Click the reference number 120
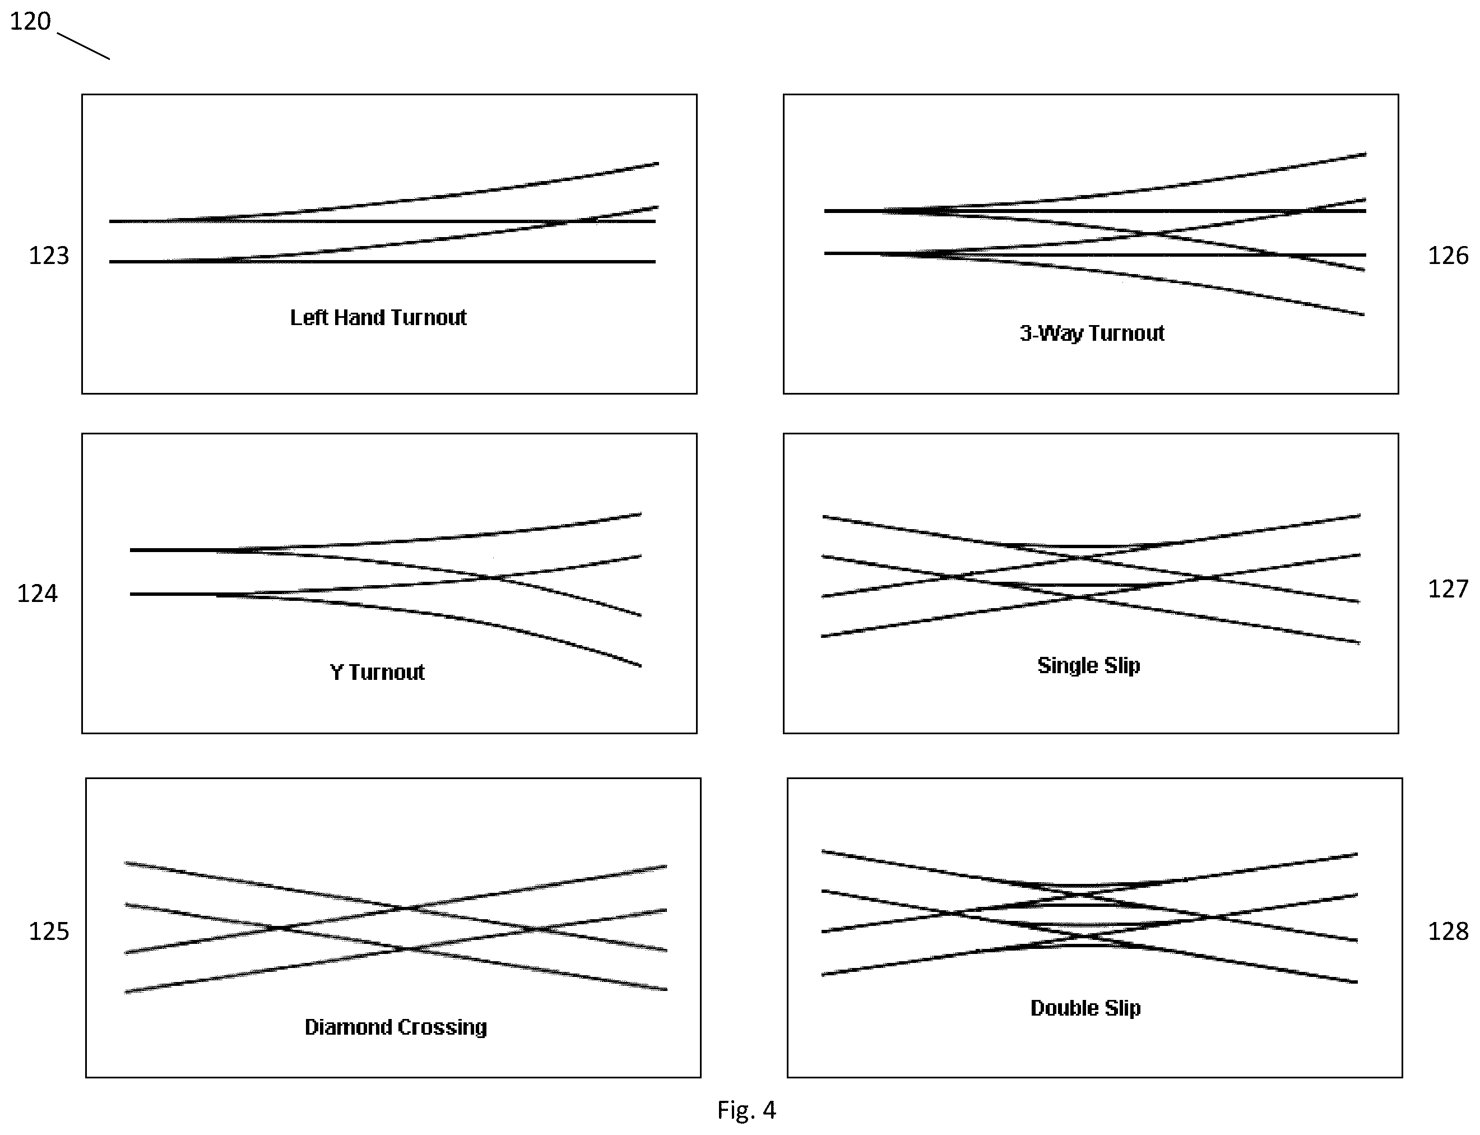click(x=30, y=21)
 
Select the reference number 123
click(x=49, y=256)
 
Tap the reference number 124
click(x=37, y=593)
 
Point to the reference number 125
click(x=49, y=931)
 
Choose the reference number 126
click(x=1447, y=256)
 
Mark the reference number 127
click(x=1447, y=589)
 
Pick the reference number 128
click(x=1447, y=931)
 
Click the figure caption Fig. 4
click(x=746, y=1110)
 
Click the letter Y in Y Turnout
click(x=336, y=672)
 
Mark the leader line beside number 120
click(x=83, y=46)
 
